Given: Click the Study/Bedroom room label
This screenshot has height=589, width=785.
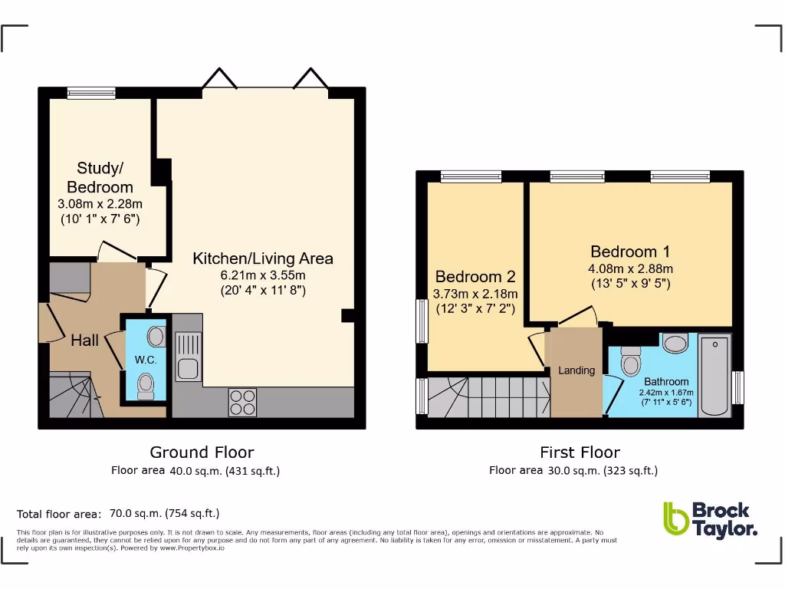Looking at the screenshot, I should click(x=100, y=177).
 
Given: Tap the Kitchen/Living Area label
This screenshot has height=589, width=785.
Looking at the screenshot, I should click(x=263, y=258).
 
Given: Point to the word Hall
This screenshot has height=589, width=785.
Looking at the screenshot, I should click(x=84, y=340).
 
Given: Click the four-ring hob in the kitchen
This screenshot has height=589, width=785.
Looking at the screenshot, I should click(x=242, y=402).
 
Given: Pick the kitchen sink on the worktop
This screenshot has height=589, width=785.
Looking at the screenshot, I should click(x=187, y=357).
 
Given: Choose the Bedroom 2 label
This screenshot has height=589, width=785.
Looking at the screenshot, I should click(x=475, y=277).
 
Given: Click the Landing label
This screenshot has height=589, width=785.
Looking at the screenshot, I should click(x=576, y=370).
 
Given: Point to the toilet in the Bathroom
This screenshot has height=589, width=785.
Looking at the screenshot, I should click(x=631, y=360).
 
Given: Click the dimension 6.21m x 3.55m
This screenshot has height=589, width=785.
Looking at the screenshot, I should click(x=263, y=275).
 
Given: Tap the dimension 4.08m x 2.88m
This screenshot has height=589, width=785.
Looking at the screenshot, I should click(x=630, y=268).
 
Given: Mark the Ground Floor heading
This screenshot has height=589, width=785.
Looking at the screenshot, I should click(x=202, y=452).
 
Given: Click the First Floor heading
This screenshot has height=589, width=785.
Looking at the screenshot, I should click(x=580, y=452).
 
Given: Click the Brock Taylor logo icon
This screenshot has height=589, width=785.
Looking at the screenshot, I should click(x=675, y=519).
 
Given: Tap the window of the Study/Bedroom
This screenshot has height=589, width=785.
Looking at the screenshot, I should click(x=91, y=93).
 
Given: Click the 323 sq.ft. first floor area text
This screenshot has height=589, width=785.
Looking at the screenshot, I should click(x=630, y=471).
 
